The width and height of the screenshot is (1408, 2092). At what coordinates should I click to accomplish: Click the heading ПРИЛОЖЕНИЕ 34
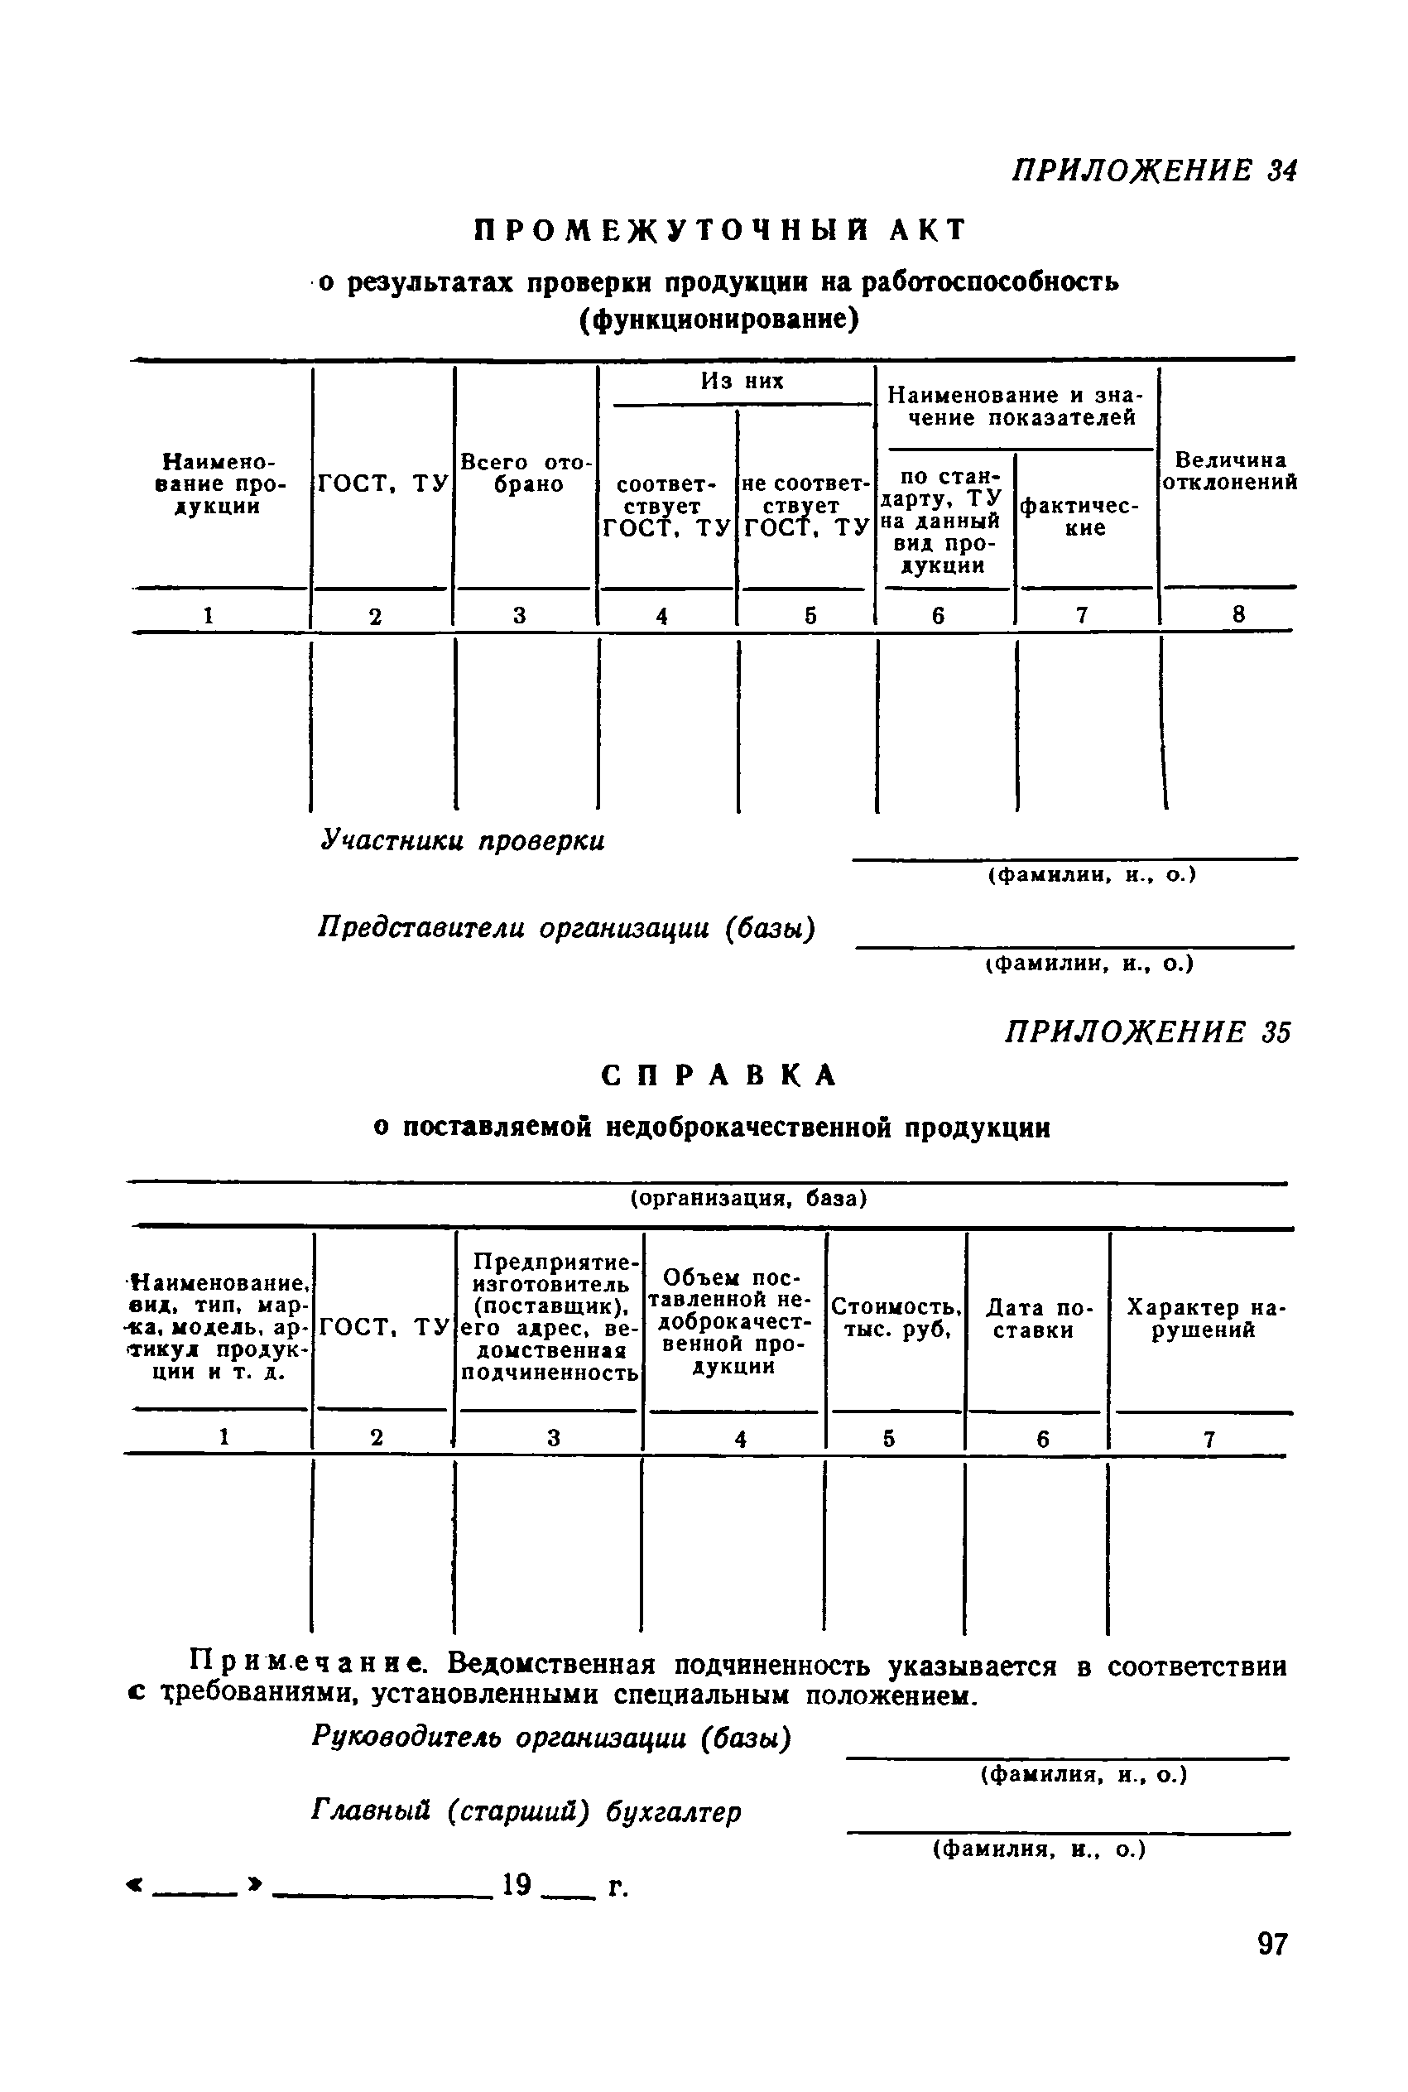click(x=1154, y=170)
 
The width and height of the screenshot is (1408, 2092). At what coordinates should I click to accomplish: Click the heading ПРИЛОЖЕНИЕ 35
click(x=1146, y=1032)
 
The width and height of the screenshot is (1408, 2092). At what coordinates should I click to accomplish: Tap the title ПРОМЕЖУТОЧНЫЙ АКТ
click(x=719, y=231)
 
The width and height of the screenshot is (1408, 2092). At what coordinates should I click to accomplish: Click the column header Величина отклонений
click(x=1230, y=471)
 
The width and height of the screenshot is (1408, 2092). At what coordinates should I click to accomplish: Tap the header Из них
click(x=742, y=382)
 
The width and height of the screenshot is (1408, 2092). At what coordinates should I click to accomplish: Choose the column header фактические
click(x=1084, y=517)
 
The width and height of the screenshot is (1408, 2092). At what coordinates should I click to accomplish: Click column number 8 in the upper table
click(x=1239, y=614)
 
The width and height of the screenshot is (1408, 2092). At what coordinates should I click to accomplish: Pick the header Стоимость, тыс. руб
click(x=896, y=1318)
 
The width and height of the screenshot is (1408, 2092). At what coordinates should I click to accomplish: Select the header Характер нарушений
click(x=1206, y=1318)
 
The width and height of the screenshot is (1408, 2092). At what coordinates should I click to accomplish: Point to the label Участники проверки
click(x=464, y=841)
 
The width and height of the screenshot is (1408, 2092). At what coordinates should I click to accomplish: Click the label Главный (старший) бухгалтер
click(x=526, y=1813)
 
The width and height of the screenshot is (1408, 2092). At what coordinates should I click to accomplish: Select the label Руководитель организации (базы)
click(x=551, y=1739)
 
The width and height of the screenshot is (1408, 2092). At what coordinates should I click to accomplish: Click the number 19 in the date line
click(x=517, y=1884)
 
